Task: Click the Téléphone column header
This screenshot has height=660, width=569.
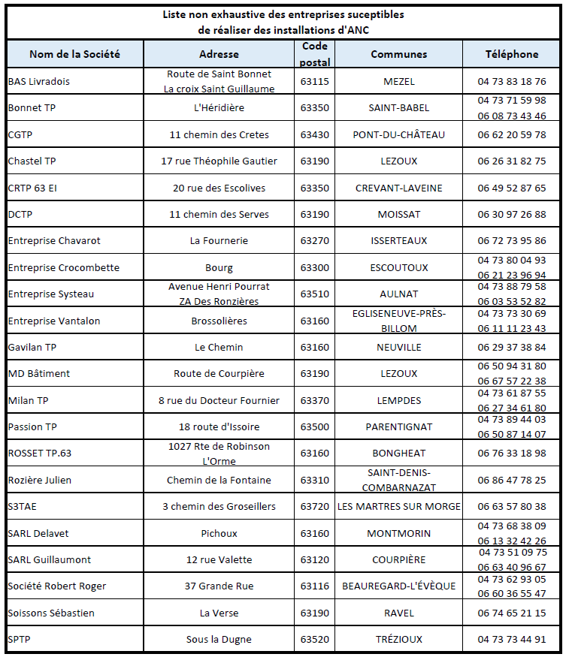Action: tap(512, 54)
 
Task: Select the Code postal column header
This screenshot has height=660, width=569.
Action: tap(314, 54)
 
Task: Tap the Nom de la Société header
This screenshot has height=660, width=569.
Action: tap(74, 54)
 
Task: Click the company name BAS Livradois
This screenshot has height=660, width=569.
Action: tap(38, 81)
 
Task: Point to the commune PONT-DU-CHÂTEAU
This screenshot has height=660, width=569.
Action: tap(398, 134)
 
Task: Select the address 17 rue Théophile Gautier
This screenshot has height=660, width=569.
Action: tap(219, 161)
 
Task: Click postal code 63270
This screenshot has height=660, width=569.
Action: tap(314, 241)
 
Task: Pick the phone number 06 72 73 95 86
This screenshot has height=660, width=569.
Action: tap(512, 241)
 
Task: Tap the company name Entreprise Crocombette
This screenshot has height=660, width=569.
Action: tap(63, 267)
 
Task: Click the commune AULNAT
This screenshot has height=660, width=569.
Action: tap(398, 294)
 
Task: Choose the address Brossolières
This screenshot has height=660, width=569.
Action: tap(219, 321)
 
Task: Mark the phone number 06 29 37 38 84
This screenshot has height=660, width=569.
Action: tap(512, 348)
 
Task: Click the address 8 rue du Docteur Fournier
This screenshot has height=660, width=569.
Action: tap(219, 400)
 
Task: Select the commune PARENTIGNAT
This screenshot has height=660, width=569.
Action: tap(398, 427)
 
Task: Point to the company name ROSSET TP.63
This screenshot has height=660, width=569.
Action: tap(39, 454)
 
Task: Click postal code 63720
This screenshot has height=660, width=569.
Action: tap(314, 507)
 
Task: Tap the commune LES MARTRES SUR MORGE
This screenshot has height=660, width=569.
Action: tap(398, 507)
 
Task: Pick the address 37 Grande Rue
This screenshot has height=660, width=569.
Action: tap(219, 586)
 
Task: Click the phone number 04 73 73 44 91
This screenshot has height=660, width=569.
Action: tap(512, 640)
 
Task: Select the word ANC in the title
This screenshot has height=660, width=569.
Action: tap(357, 30)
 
